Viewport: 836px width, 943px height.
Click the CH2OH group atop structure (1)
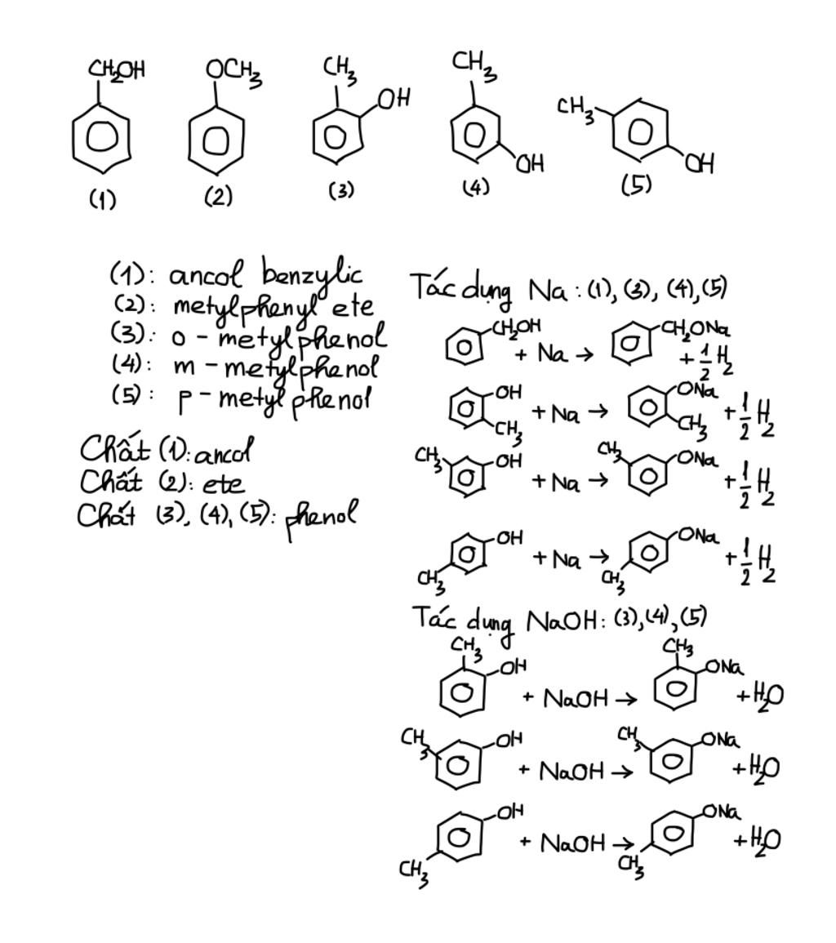click(117, 70)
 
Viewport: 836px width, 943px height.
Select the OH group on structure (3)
click(394, 99)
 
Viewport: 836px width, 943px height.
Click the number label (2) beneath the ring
click(218, 197)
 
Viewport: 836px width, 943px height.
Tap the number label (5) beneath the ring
click(637, 185)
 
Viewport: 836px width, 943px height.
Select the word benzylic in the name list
click(312, 274)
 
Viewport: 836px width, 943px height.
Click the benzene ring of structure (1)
click(100, 138)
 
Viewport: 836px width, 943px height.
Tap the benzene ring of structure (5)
click(640, 131)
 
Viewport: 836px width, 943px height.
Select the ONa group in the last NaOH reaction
click(722, 812)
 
